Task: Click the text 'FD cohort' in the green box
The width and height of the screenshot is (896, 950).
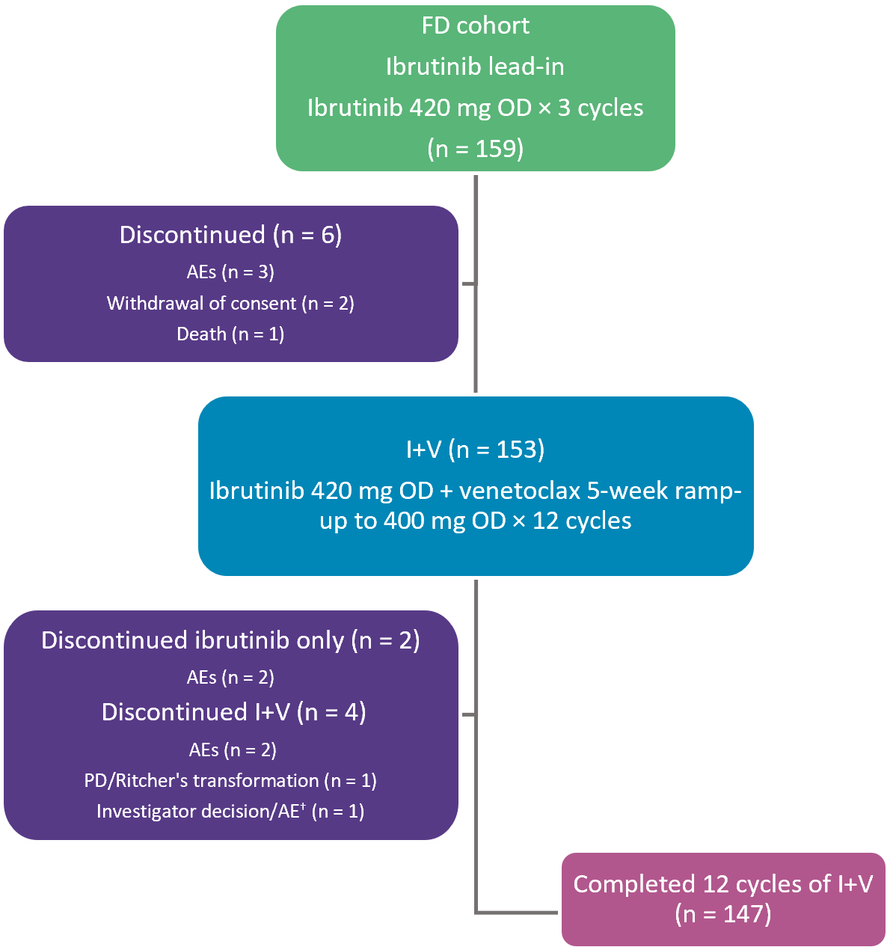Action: pyautogui.click(x=475, y=26)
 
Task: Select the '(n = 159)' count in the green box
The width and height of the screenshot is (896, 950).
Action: pyautogui.click(x=476, y=148)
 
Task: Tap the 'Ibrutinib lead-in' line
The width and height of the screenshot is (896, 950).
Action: pyautogui.click(x=475, y=67)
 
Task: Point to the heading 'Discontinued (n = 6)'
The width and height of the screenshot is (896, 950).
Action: pyautogui.click(x=230, y=235)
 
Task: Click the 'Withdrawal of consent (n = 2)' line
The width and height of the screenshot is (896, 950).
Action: pyautogui.click(x=230, y=303)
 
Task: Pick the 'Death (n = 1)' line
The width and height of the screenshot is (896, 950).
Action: pyautogui.click(x=230, y=334)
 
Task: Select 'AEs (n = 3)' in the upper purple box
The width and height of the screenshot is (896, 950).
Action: pyautogui.click(x=230, y=272)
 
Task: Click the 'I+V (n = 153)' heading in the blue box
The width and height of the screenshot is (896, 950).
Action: pyautogui.click(x=475, y=449)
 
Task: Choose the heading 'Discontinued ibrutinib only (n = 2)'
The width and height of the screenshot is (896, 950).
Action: pyautogui.click(x=230, y=640)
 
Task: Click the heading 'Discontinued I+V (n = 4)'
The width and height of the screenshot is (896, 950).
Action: pyautogui.click(x=233, y=712)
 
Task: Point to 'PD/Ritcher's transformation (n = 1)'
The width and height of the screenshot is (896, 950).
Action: pyautogui.click(x=230, y=780)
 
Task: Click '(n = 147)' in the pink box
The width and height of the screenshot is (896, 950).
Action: pyautogui.click(x=722, y=913)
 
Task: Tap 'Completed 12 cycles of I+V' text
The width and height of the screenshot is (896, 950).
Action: pyautogui.click(x=722, y=884)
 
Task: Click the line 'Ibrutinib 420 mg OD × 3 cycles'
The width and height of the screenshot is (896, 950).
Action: pyautogui.click(x=475, y=108)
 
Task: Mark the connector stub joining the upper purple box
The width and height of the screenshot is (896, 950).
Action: pyautogui.click(x=468, y=284)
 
